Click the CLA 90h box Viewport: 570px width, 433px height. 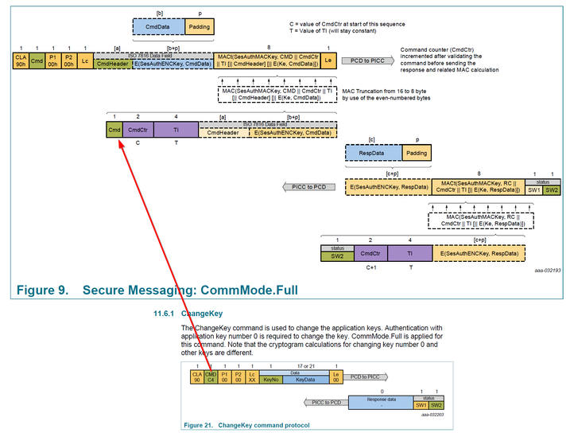pyautogui.click(x=20, y=60)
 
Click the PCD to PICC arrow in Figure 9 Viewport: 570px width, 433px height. pyautogui.click(x=367, y=60)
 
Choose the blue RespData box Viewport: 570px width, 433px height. pyautogui.click(x=372, y=152)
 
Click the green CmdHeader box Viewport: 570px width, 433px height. pyautogui.click(x=113, y=64)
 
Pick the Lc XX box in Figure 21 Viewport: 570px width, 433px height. pyautogui.click(x=251, y=379)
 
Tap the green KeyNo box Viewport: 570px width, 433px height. pyautogui.click(x=271, y=380)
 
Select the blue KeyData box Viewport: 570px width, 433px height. pyautogui.click(x=305, y=380)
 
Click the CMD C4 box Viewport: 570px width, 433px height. pyautogui.click(x=211, y=379)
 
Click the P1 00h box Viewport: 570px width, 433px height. pyautogui.click(x=52, y=60)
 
